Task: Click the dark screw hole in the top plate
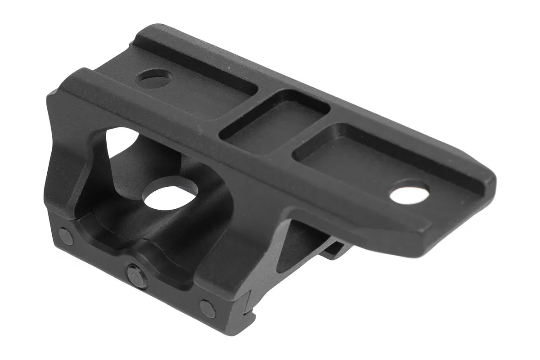(153, 78)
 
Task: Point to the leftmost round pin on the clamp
(66, 236)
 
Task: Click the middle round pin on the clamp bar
(137, 275)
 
